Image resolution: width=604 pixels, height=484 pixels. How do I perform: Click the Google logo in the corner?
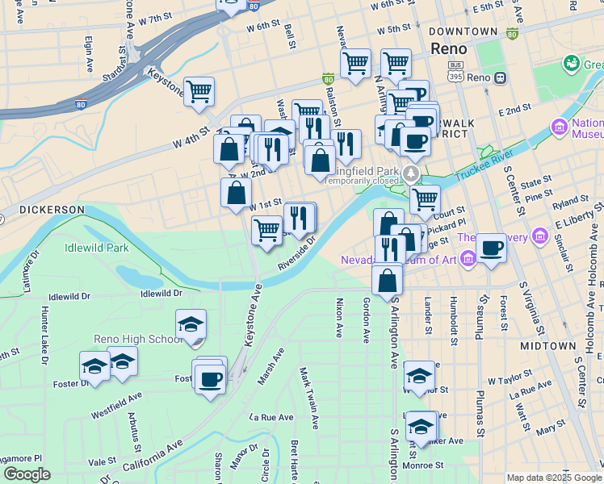[x=27, y=474]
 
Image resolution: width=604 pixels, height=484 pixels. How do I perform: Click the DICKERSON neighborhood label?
[x=52, y=210]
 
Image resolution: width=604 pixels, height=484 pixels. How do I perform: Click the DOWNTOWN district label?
[x=463, y=31]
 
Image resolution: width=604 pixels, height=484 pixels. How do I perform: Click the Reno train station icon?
[x=501, y=77]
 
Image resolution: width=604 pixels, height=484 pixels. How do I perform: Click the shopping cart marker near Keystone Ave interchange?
[x=199, y=91]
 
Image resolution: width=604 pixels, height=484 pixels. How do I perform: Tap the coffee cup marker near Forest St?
[x=491, y=248]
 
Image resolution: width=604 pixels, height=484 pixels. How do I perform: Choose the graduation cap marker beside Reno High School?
[x=191, y=325]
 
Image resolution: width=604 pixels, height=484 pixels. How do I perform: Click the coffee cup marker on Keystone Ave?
[x=211, y=378]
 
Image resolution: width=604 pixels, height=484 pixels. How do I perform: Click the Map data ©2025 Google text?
[x=554, y=478]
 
